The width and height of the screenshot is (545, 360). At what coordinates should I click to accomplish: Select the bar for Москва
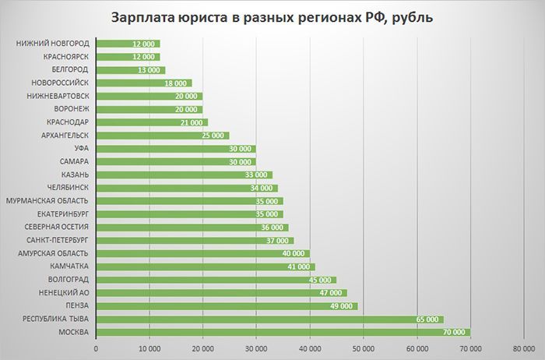point(283,332)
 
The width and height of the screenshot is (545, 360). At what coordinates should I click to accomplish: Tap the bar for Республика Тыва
point(269,319)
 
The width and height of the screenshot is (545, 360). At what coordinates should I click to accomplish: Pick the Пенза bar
point(226,305)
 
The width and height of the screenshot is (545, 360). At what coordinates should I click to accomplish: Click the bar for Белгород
point(130,69)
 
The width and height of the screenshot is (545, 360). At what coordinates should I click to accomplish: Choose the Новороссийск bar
point(143,83)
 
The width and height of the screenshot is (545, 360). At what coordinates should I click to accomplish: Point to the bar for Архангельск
point(162,135)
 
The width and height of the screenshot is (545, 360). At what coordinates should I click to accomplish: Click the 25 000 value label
point(213,135)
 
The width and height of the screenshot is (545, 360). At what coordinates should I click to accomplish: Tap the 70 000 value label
point(453,332)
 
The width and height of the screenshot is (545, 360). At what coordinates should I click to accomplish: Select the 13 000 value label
point(149,69)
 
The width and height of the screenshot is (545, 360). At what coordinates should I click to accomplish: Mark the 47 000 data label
point(331,293)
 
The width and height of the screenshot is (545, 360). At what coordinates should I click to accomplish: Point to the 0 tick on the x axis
point(96,348)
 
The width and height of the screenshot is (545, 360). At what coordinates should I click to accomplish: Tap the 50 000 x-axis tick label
point(364,348)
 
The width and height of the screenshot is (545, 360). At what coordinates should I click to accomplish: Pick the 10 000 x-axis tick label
point(149,348)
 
